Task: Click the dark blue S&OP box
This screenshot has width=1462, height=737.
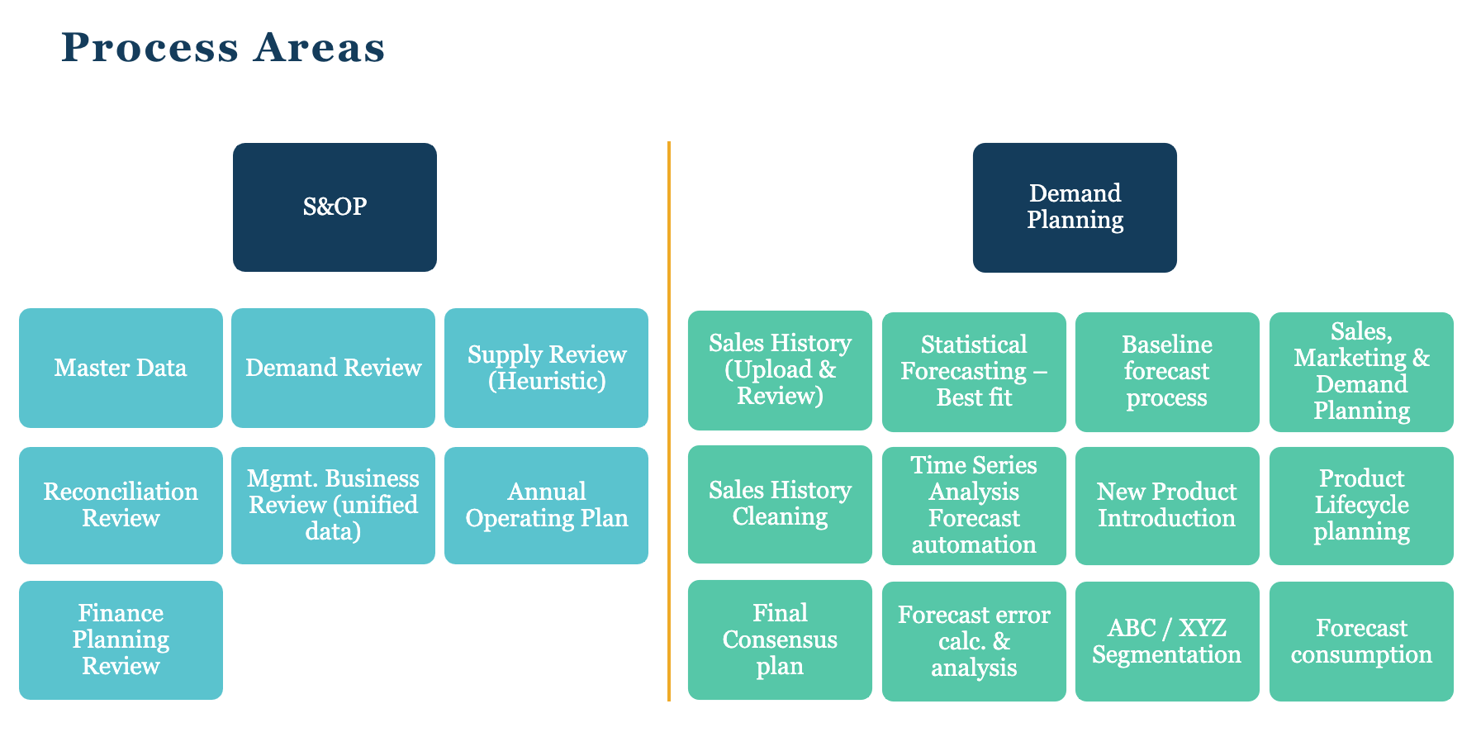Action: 335,207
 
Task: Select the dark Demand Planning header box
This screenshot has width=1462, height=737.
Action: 1075,207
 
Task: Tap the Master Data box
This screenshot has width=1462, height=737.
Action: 121,368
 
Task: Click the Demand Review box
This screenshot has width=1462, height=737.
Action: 333,368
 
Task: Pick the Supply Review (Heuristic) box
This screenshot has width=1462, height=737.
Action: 546,368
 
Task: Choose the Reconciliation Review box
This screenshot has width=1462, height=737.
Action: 121,505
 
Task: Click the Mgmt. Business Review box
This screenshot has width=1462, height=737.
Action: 333,505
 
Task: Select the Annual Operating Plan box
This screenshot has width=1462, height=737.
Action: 546,505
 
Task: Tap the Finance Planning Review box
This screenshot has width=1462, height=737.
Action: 121,640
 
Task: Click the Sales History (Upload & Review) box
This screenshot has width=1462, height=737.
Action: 780,370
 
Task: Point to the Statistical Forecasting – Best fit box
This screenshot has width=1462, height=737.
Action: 974,371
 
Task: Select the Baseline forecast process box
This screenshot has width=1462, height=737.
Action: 1167,371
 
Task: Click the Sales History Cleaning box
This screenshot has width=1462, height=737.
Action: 780,504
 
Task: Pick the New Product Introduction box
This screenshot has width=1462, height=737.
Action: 1167,505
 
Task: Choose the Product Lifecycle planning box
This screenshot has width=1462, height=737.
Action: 1361,505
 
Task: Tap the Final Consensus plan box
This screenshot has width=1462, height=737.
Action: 780,640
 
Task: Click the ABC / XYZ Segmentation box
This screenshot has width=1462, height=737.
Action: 1167,641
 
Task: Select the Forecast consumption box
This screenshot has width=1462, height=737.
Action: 1361,641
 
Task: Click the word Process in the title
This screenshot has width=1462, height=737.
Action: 150,48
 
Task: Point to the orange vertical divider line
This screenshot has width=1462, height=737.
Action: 668,421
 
